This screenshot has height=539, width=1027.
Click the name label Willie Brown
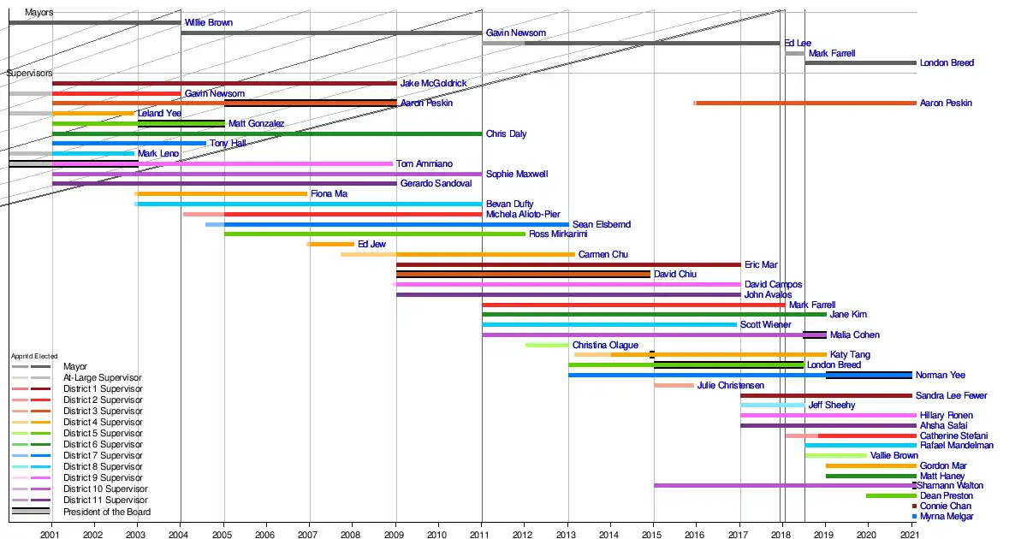tap(208, 23)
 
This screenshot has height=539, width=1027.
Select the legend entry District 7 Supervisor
tap(103, 456)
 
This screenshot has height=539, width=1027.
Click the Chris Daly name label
tap(506, 134)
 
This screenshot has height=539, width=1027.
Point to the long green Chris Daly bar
tap(266, 134)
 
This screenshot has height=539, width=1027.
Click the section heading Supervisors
tap(30, 74)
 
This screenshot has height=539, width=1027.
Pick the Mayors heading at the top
tap(39, 13)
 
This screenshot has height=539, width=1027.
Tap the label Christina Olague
tap(605, 346)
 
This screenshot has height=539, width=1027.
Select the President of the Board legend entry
tap(107, 512)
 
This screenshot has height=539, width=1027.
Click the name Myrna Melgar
tap(947, 517)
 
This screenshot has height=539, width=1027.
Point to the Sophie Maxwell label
tap(516, 175)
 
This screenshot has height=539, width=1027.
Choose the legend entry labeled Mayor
tap(75, 367)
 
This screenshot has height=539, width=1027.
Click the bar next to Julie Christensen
tap(674, 386)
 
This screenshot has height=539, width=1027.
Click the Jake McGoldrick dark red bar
tap(224, 84)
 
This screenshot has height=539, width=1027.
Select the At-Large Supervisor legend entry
tap(103, 378)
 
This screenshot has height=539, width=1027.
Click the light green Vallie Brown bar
tap(835, 456)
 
